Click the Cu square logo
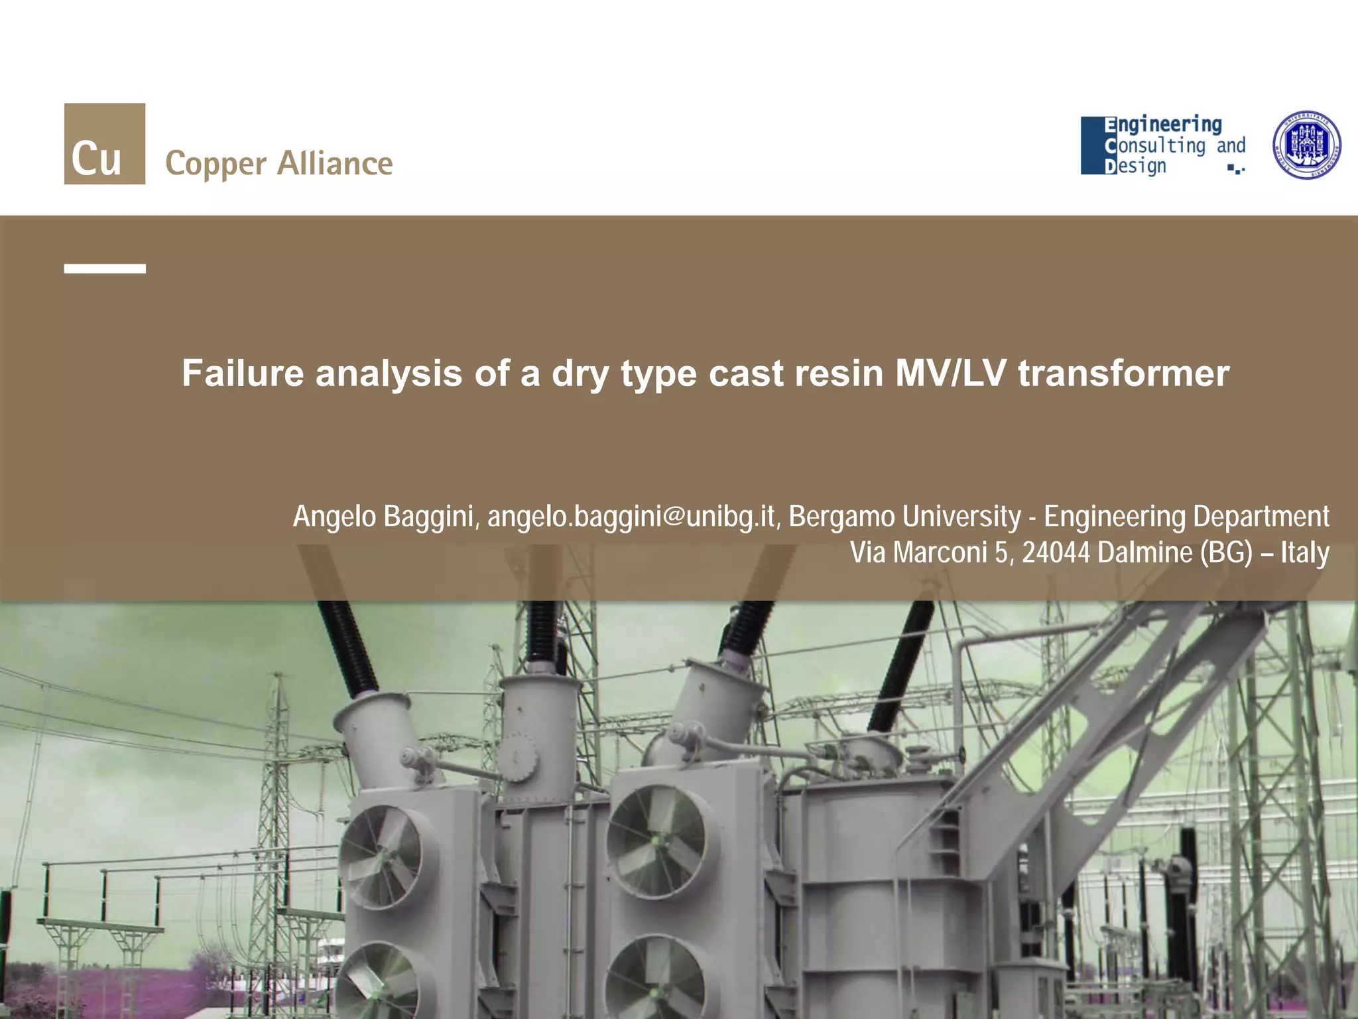(x=105, y=143)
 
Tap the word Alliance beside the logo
(x=335, y=163)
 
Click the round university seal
(x=1306, y=145)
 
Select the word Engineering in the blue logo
(x=1163, y=125)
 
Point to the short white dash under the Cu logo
(x=105, y=269)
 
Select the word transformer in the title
(x=1124, y=373)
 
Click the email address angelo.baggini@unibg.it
(x=631, y=517)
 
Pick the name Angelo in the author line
(x=335, y=517)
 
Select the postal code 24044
(x=1056, y=553)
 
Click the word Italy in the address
(x=1305, y=553)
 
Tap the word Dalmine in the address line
(x=1145, y=553)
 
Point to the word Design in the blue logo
(x=1135, y=166)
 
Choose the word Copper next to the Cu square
(x=216, y=165)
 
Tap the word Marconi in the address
(x=940, y=553)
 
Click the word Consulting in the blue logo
(x=1155, y=145)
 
